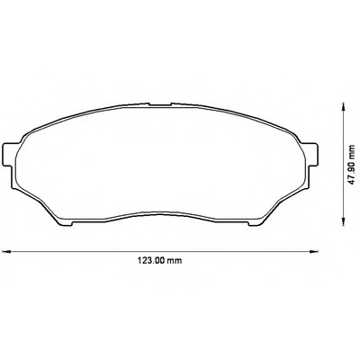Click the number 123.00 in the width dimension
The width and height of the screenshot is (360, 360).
click(151, 260)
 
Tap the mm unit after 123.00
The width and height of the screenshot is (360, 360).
click(175, 261)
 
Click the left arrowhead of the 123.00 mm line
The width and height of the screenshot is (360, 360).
click(6, 251)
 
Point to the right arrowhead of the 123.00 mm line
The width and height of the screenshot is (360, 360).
click(314, 251)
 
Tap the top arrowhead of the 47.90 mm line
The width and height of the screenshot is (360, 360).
click(343, 107)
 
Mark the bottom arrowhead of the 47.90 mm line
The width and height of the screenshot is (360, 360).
click(343, 221)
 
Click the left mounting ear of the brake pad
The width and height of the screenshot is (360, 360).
click(8, 154)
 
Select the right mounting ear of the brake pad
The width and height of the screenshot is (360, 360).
click(312, 154)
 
